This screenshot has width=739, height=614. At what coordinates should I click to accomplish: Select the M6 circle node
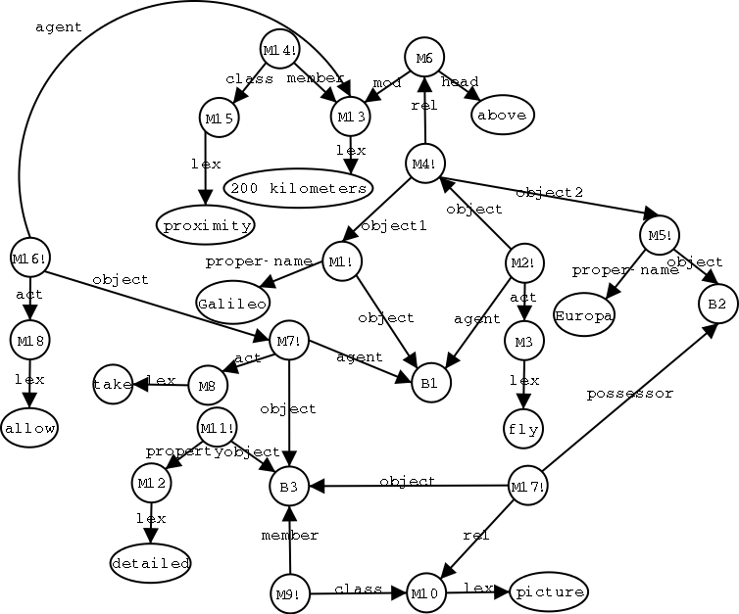423,59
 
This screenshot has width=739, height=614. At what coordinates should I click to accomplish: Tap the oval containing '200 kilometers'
298,187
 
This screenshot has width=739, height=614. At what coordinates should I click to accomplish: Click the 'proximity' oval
205,225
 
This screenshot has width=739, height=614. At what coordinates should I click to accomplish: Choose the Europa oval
583,316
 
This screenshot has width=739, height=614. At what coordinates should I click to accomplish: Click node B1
429,383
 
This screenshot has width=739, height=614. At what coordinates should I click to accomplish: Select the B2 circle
717,304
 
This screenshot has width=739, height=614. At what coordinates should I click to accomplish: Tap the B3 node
289,484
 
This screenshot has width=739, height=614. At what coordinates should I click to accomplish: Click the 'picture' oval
548,590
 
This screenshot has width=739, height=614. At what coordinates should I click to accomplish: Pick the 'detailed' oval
150,563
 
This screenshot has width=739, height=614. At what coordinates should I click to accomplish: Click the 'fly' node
524,428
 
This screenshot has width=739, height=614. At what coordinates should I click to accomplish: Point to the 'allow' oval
29,428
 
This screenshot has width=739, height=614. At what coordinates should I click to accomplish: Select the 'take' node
113,384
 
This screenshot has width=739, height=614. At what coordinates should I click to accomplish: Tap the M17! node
527,485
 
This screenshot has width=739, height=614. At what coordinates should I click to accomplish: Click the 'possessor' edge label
630,394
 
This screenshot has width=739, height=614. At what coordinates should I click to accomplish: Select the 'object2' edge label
549,192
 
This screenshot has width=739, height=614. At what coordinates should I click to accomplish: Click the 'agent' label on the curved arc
59,27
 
